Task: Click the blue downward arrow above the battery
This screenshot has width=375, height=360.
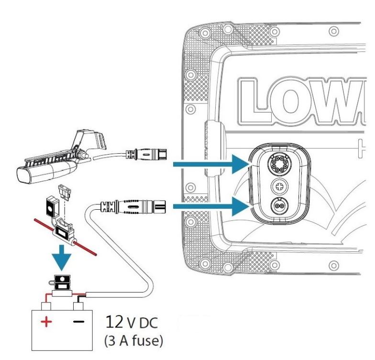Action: (x=63, y=256)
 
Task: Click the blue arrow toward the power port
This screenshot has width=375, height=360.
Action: (x=210, y=206)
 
